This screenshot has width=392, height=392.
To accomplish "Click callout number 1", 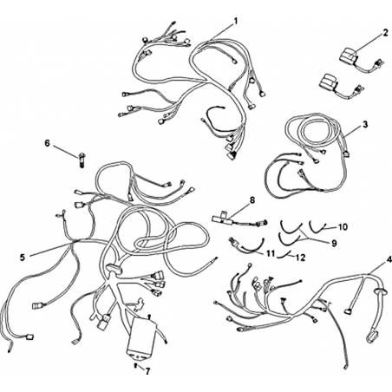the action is pyautogui.click(x=236, y=21).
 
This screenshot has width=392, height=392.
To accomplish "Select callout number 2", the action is pyautogui.click(x=385, y=33).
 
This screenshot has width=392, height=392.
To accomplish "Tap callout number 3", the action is pyautogui.click(x=365, y=125).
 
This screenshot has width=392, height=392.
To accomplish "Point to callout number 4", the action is pyautogui.click(x=389, y=259).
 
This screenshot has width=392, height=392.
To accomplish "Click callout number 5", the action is pyautogui.click(x=23, y=257).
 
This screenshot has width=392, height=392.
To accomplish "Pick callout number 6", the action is pyautogui.click(x=47, y=142).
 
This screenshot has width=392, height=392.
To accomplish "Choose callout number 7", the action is pyautogui.click(x=147, y=371).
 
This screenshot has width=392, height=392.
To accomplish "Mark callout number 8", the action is pyautogui.click(x=252, y=200).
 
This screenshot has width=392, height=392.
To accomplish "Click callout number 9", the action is pyautogui.click(x=334, y=243).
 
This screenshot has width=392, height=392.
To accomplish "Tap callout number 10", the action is pyautogui.click(x=343, y=227).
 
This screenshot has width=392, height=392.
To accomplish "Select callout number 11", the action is pyautogui.click(x=271, y=253).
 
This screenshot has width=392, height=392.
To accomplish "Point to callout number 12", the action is pyautogui.click(x=301, y=257).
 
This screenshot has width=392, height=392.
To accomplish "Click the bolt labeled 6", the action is pyautogui.click(x=82, y=160).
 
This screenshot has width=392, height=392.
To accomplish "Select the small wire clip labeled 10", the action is pyautogui.click(x=317, y=226).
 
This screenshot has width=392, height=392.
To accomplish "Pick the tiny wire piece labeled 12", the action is pyautogui.click(x=284, y=255).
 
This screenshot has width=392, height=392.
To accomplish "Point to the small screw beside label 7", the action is pyautogui.click(x=136, y=365).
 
